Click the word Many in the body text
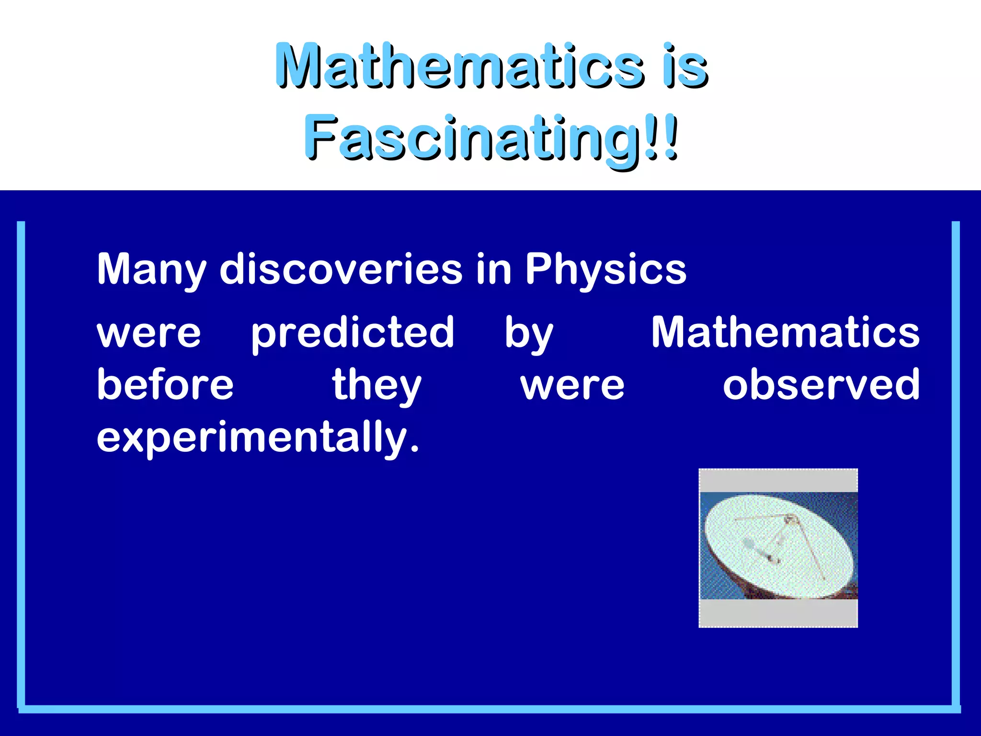pos(151,269)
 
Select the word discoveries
pos(341,269)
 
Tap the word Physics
pos(605,269)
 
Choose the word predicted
pos(353,333)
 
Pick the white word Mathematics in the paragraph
pos(785,333)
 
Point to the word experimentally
pos(258,437)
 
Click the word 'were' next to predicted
pos(149,333)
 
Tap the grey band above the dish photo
pos(778,481)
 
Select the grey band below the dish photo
pos(778,613)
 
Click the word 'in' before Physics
pos(493,269)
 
